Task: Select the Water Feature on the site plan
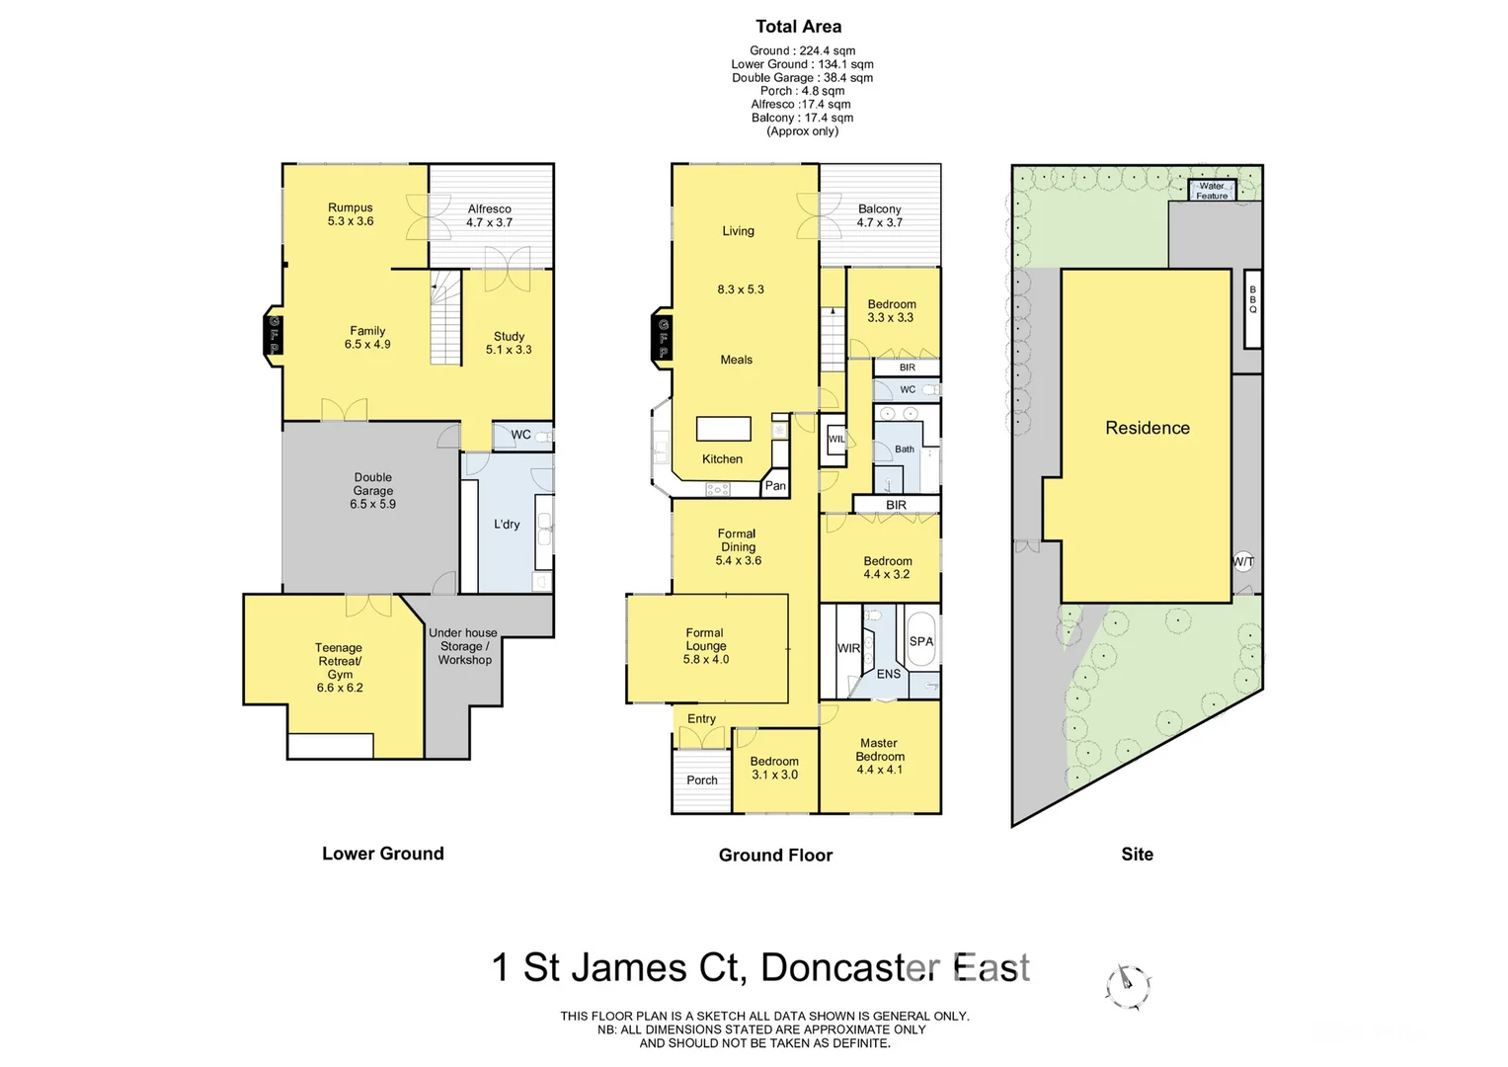click(x=1212, y=191)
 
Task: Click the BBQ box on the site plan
click(x=1252, y=308)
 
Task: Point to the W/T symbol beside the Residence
click(x=1243, y=562)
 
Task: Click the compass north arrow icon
click(x=1128, y=986)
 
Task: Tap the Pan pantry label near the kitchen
click(x=775, y=485)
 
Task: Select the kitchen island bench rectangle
click(x=724, y=428)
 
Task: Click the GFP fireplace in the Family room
click(x=274, y=335)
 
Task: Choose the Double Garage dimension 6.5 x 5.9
click(x=372, y=504)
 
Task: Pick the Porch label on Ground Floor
click(x=702, y=780)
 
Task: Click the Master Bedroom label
click(x=879, y=750)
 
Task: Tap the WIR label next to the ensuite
click(x=848, y=648)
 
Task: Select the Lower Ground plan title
click(x=382, y=854)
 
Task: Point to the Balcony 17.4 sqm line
click(x=802, y=118)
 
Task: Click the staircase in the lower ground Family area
click(x=446, y=319)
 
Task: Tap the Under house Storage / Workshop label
click(x=463, y=646)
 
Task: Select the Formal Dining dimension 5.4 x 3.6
click(x=738, y=560)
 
